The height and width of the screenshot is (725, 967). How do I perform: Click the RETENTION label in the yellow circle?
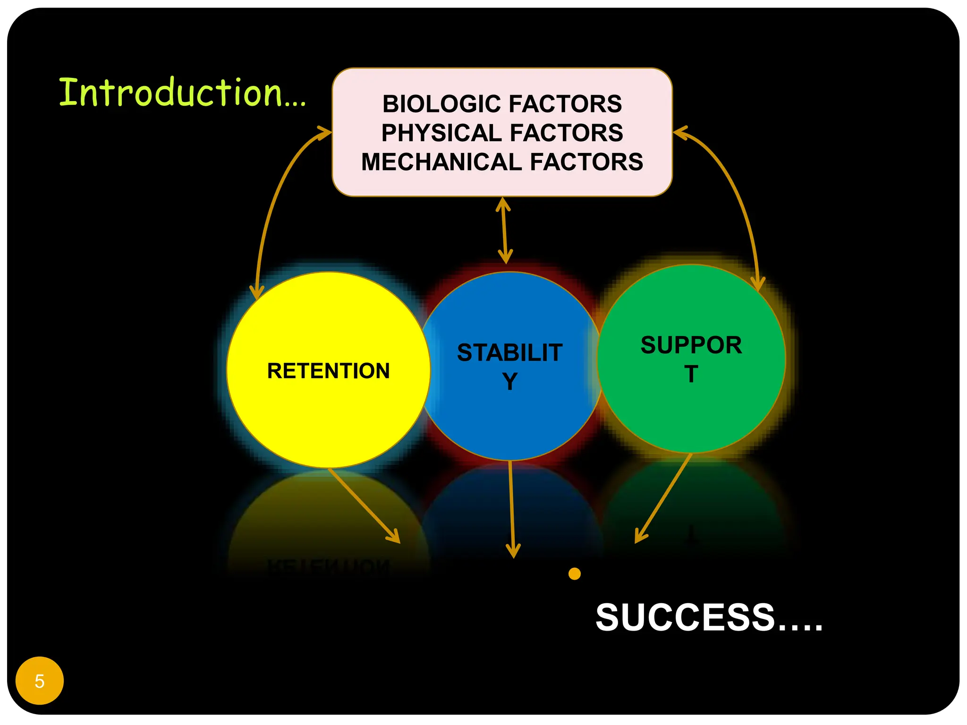click(x=329, y=371)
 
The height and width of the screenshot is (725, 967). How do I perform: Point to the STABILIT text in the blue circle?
click(x=509, y=353)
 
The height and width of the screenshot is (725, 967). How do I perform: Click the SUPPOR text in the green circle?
click(x=691, y=345)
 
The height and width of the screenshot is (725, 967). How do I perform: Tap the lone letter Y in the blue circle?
click(x=510, y=381)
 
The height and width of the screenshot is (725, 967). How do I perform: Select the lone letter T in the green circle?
click(x=691, y=374)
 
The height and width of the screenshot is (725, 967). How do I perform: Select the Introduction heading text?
click(x=182, y=93)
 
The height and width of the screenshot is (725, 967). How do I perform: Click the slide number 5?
click(x=40, y=681)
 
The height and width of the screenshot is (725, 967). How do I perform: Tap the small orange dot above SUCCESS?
click(x=575, y=574)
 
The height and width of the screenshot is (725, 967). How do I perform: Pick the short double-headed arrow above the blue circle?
click(x=504, y=230)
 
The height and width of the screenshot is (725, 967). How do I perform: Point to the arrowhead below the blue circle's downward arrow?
click(x=513, y=552)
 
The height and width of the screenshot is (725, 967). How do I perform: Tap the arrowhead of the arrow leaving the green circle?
click(x=639, y=537)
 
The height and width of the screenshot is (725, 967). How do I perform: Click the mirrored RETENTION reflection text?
click(x=329, y=565)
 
